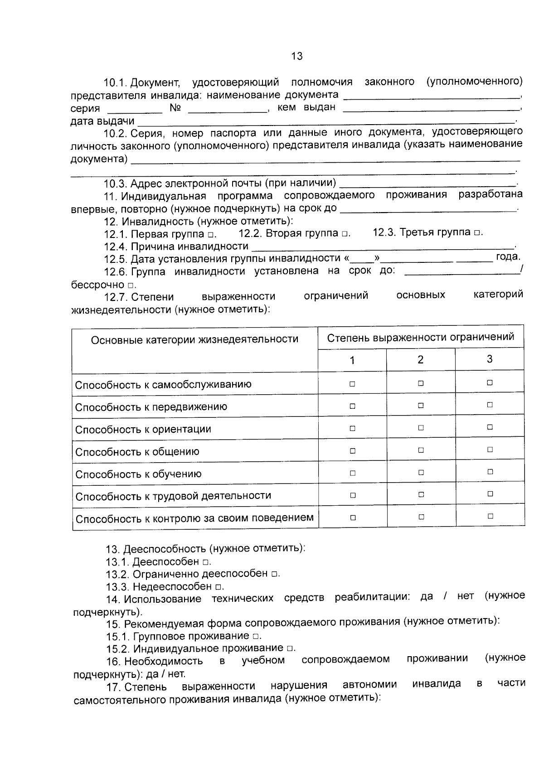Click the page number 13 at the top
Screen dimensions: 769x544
tap(297, 56)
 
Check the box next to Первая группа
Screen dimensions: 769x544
tap(211, 235)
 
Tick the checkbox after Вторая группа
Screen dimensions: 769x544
tap(345, 234)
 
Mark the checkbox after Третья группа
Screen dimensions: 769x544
tap(477, 233)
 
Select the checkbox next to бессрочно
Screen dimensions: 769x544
tap(131, 286)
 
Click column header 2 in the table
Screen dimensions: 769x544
tap(420, 360)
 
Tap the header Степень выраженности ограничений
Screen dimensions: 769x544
tap(421, 337)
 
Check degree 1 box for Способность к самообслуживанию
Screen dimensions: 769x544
tap(352, 384)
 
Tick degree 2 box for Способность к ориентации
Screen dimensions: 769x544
tap(421, 427)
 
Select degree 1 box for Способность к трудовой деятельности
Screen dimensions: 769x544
tap(353, 495)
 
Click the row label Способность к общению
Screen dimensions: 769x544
tap(137, 452)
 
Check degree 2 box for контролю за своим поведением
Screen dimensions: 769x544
tap(421, 517)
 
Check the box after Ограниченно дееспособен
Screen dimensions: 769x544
tap(274, 574)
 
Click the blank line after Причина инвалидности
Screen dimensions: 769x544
tap(383, 247)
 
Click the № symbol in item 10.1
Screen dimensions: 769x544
tap(175, 108)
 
